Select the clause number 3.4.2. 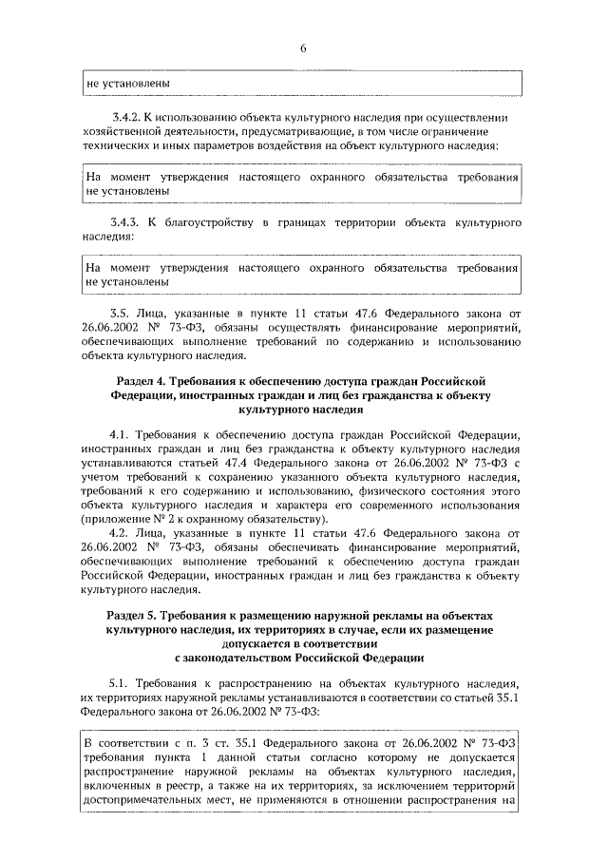coord(126,117)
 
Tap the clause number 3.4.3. coord(126,222)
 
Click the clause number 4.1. coord(121,434)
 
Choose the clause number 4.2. coord(121,533)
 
